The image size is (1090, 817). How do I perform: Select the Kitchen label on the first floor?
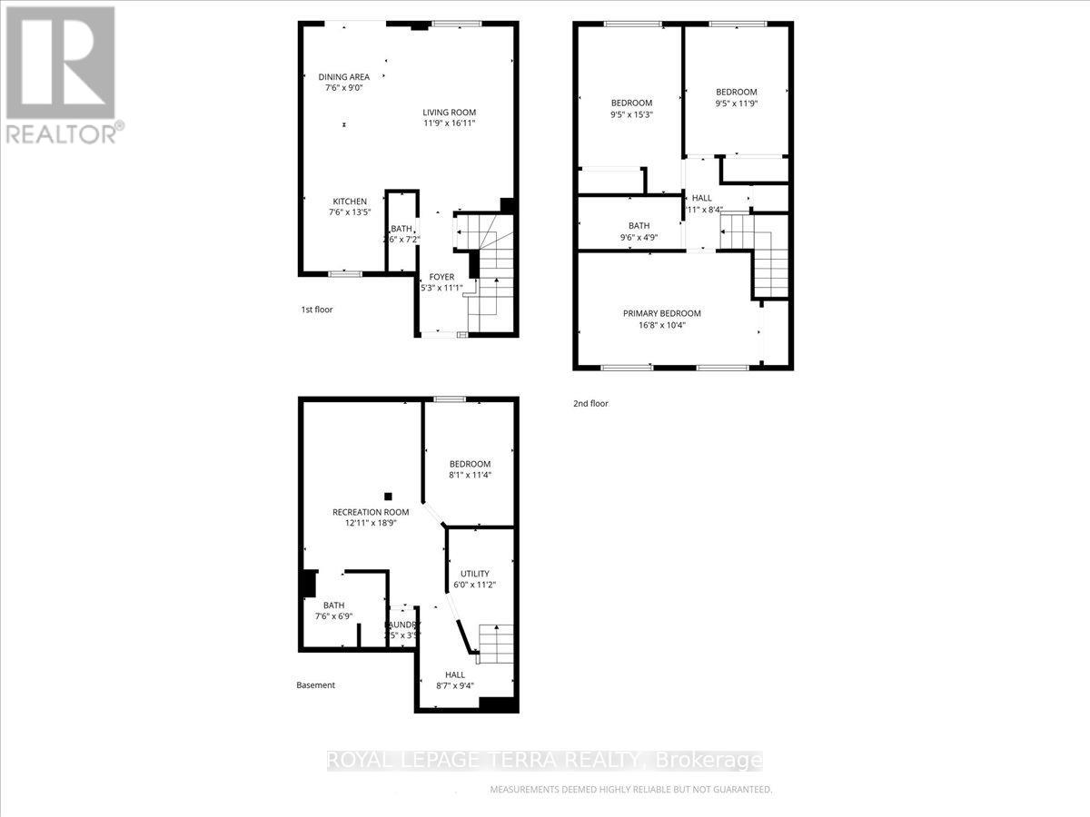tap(350, 202)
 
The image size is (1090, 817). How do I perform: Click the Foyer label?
tap(441, 277)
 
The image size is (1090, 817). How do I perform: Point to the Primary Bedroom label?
tap(661, 313)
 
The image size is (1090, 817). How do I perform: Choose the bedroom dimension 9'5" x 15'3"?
tap(631, 115)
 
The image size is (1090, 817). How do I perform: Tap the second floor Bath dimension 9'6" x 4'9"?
tap(639, 238)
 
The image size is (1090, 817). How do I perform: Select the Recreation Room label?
tap(370, 512)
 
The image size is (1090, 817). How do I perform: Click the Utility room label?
tap(475, 574)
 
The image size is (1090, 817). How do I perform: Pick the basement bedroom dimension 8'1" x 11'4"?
tap(469, 475)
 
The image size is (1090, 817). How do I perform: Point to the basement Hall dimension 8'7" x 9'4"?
tap(455, 686)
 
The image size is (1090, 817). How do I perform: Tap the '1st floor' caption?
tap(317, 310)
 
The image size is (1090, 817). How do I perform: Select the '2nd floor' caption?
tap(590, 403)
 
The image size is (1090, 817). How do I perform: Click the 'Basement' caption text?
tap(316, 685)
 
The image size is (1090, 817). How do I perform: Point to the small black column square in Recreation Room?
tap(388, 496)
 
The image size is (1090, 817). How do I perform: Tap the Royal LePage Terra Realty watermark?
tap(544, 761)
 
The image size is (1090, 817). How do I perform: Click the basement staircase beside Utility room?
tap(495, 642)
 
